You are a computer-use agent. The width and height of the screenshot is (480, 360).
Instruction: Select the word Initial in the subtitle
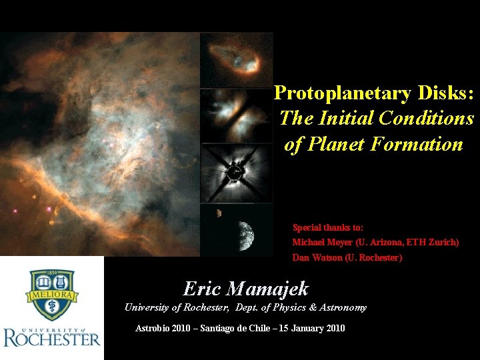tap(346, 119)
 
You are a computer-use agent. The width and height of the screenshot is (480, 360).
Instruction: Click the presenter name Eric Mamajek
tap(246, 289)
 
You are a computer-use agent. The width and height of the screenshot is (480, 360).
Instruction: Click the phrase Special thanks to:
tap(327, 228)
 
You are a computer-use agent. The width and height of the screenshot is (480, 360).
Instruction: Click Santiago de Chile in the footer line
tap(243, 328)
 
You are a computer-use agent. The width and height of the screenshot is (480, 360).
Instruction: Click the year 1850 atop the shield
tap(51, 274)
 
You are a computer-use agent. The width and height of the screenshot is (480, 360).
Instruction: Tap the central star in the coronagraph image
tap(234, 173)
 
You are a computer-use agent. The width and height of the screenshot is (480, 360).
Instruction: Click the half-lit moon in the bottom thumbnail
tap(244, 233)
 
